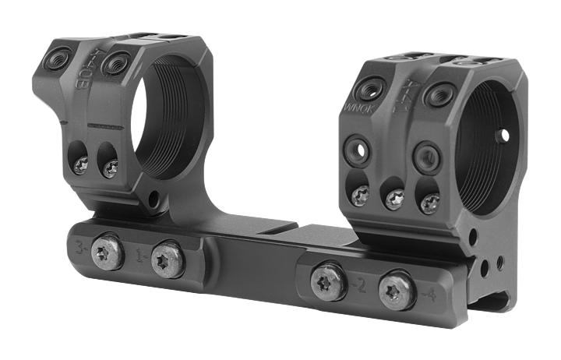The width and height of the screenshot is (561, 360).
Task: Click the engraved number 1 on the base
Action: [141, 254]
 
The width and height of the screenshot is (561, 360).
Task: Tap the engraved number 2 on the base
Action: [360, 285]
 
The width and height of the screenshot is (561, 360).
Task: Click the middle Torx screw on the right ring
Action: [393, 199]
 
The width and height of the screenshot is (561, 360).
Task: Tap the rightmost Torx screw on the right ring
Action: [429, 203]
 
